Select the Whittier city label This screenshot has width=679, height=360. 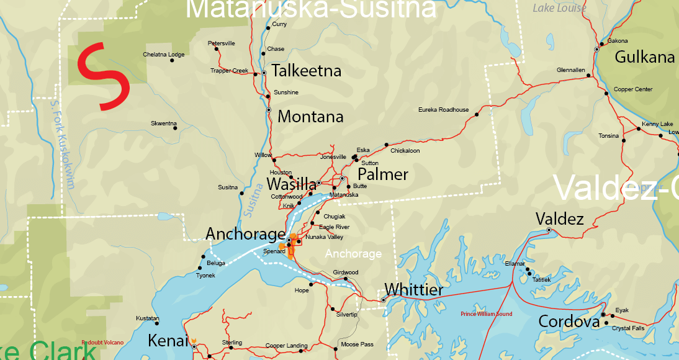coord(414,290)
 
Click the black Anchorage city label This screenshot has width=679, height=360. coord(245,234)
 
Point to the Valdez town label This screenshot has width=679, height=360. coord(559,219)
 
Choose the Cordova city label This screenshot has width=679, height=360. coord(569,322)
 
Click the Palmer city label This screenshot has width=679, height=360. coord(383,174)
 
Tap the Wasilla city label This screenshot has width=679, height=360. coord(291,184)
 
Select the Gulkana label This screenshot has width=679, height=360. coord(644,58)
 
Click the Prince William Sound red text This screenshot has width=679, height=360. coord(487,314)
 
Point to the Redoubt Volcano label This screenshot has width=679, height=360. coord(102,343)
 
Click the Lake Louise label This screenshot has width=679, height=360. coord(559,8)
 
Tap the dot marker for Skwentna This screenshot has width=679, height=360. coord(175,129)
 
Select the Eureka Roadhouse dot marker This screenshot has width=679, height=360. coord(477,115)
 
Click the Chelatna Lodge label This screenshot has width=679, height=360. coord(164,55)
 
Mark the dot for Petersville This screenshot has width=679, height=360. coord(217,49)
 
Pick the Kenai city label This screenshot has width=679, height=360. coord(168,341)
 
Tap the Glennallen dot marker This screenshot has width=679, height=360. coord(590,76)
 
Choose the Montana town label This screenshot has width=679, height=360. coord(310,117)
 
